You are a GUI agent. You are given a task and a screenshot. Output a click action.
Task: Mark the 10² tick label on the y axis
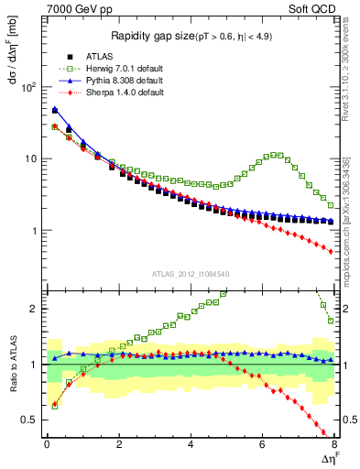(30, 87)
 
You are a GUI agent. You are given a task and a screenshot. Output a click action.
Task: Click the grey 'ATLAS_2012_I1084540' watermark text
(190, 274)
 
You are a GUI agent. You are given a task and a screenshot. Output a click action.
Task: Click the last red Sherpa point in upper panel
(332, 251)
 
